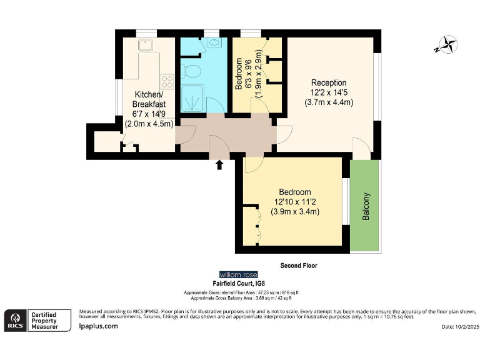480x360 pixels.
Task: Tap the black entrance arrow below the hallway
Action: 219,165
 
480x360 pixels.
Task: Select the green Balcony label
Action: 366,206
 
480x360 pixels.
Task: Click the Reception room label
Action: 328,83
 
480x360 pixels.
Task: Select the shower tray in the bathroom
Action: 196,98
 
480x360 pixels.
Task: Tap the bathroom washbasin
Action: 214,44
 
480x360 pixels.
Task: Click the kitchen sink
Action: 147,45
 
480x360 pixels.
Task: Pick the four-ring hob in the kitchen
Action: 167,81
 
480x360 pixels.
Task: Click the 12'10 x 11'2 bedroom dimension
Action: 295,202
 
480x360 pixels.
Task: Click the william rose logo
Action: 238,275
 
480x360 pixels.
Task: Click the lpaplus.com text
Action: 98,326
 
